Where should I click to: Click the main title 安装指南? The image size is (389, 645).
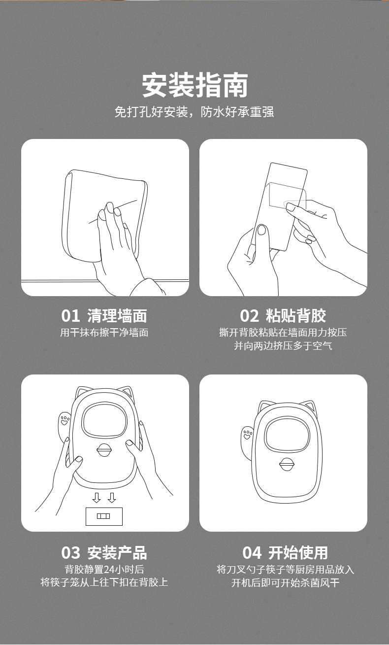click(195, 85)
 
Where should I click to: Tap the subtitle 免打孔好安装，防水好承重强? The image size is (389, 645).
click(194, 112)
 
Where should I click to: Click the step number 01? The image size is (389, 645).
click(70, 316)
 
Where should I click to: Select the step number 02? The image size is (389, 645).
click(249, 316)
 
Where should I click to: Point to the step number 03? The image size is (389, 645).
click(70, 553)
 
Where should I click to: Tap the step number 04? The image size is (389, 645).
click(252, 553)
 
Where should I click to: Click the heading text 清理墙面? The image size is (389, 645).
click(117, 316)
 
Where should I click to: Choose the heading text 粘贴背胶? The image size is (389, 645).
click(296, 316)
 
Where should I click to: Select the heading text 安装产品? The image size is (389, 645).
click(117, 553)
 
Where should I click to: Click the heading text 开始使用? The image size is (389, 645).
click(298, 553)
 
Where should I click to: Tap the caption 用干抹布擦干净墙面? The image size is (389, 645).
click(104, 333)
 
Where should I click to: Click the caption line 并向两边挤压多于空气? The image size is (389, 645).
click(283, 345)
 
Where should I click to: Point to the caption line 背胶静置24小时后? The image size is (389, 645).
click(104, 569)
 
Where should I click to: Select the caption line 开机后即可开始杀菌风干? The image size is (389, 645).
click(286, 582)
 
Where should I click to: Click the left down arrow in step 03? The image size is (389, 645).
click(97, 498)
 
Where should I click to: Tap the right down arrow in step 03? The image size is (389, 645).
click(112, 498)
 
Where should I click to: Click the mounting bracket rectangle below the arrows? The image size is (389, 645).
click(104, 516)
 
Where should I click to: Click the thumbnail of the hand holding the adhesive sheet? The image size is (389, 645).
click(283, 217)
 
